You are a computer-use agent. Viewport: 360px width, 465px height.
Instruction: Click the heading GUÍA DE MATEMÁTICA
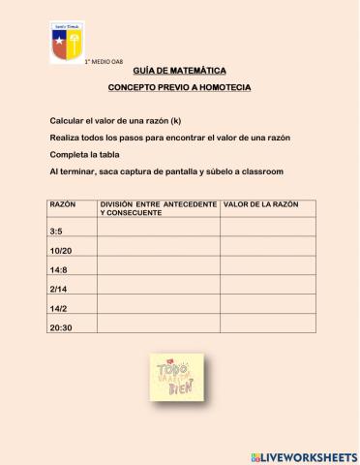[179, 72]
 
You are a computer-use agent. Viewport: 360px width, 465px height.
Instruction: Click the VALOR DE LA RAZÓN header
[261, 204]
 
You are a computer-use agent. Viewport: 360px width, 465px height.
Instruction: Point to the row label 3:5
[56, 232]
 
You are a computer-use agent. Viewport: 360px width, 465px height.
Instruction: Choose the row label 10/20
[59, 252]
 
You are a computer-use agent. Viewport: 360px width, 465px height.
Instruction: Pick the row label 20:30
[60, 327]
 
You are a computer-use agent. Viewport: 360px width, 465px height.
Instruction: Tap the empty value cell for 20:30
[267, 327]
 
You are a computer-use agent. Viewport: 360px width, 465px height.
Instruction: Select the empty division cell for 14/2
[158, 308]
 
